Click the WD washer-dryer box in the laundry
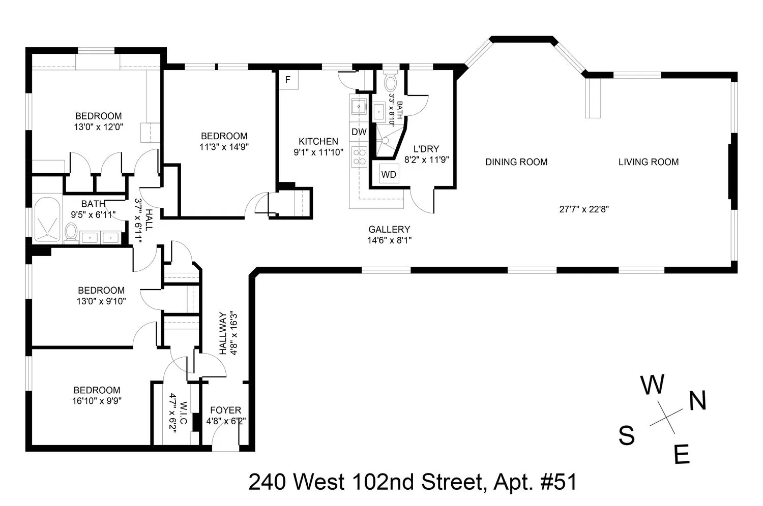tap(389, 174)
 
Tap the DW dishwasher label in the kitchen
tap(359, 132)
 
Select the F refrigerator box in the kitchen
tap(288, 80)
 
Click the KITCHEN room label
tap(318, 141)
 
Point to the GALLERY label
tap(389, 230)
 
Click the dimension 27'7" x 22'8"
tap(584, 209)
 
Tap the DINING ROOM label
tap(516, 162)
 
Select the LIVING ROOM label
tap(649, 162)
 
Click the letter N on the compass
tap(697, 401)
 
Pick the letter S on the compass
tap(627, 435)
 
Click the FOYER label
tap(225, 410)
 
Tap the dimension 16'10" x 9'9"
tap(97, 400)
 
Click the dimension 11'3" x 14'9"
tap(224, 147)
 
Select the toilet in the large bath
tap(71, 233)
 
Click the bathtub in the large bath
tap(47, 218)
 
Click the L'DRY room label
tap(426, 149)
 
